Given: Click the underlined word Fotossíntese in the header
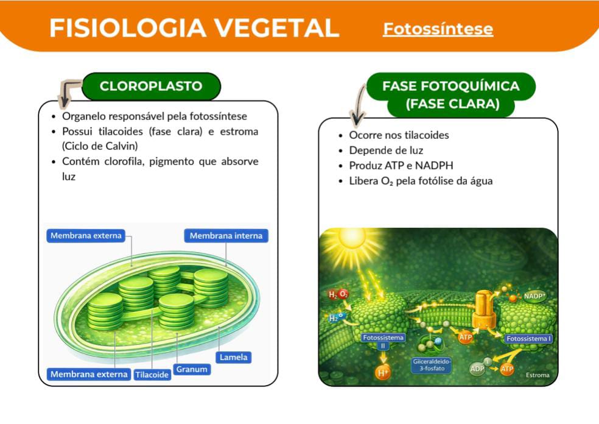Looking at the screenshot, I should [438, 29].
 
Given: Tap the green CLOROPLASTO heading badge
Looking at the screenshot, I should [150, 86].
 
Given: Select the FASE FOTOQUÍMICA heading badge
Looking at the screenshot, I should [450, 94].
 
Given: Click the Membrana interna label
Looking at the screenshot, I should [226, 236].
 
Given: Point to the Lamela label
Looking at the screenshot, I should [234, 357].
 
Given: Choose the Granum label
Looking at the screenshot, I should [192, 369].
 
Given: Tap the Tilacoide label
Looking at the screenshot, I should [152, 375].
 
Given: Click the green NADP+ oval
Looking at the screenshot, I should [535, 297].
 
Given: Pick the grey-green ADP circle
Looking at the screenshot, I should [477, 369].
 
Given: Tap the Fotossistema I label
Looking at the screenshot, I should [528, 339].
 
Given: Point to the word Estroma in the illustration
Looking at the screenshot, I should [538, 375].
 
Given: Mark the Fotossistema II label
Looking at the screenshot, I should [383, 341].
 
